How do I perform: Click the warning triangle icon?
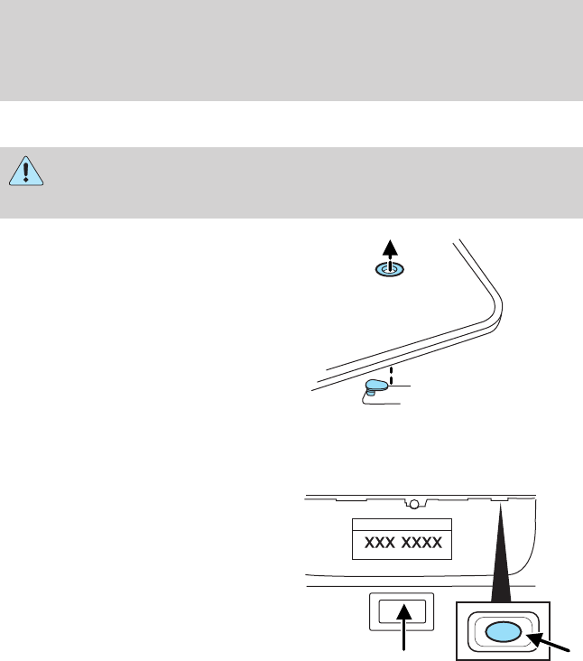[27, 172]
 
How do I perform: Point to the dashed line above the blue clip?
[389, 372]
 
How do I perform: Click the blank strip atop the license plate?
[402, 525]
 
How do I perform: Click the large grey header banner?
[291, 50]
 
